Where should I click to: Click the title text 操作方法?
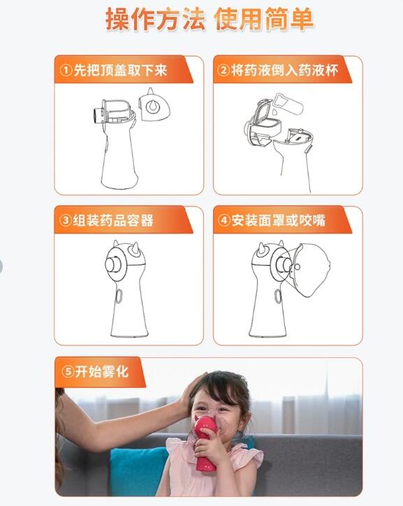155,20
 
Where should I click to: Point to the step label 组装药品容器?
114,221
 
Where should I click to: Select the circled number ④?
224,221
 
